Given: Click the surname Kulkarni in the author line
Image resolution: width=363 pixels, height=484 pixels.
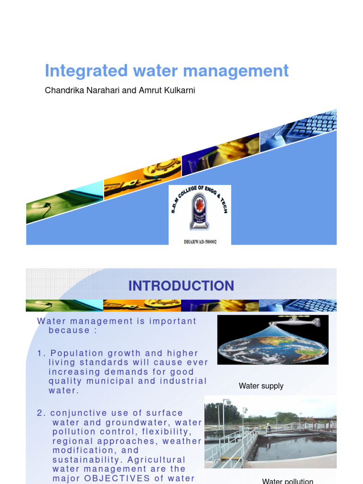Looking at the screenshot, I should point(179,90).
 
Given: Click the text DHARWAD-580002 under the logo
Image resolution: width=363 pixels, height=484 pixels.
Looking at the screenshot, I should point(200,241).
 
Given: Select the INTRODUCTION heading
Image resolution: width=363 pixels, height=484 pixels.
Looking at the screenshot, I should point(181,286).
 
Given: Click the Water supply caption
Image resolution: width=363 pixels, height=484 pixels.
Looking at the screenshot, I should point(261,386).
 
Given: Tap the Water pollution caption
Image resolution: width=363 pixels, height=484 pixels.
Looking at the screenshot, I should point(287,480).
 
